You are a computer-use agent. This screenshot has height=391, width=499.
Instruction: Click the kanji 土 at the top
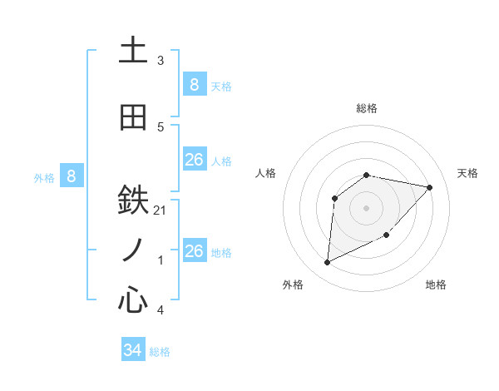133,51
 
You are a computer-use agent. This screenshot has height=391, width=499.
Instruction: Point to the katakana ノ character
133,250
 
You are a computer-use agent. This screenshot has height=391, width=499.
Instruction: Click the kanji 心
133,299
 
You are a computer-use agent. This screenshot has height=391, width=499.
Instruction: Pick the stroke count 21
161,210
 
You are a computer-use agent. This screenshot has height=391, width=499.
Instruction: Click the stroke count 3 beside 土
161,61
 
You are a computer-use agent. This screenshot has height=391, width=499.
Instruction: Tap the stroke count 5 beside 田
161,126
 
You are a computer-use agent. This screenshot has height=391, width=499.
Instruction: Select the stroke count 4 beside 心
161,310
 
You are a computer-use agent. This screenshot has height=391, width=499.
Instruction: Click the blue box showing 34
133,350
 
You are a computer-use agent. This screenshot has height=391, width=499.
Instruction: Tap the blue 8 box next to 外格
72,176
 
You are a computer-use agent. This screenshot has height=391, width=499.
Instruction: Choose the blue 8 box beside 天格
194,84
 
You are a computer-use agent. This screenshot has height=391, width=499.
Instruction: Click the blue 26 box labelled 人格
194,159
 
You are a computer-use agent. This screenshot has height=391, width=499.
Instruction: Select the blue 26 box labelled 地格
194,250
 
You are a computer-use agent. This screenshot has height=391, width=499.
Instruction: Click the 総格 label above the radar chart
366,108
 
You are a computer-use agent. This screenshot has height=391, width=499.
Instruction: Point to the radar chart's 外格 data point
327,263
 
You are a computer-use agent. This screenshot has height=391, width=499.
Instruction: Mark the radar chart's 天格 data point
430,187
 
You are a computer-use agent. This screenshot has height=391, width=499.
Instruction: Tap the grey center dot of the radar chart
366,207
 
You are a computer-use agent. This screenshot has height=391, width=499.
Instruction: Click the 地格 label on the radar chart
436,285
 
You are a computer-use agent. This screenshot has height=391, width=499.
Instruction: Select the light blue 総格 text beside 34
160,352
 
